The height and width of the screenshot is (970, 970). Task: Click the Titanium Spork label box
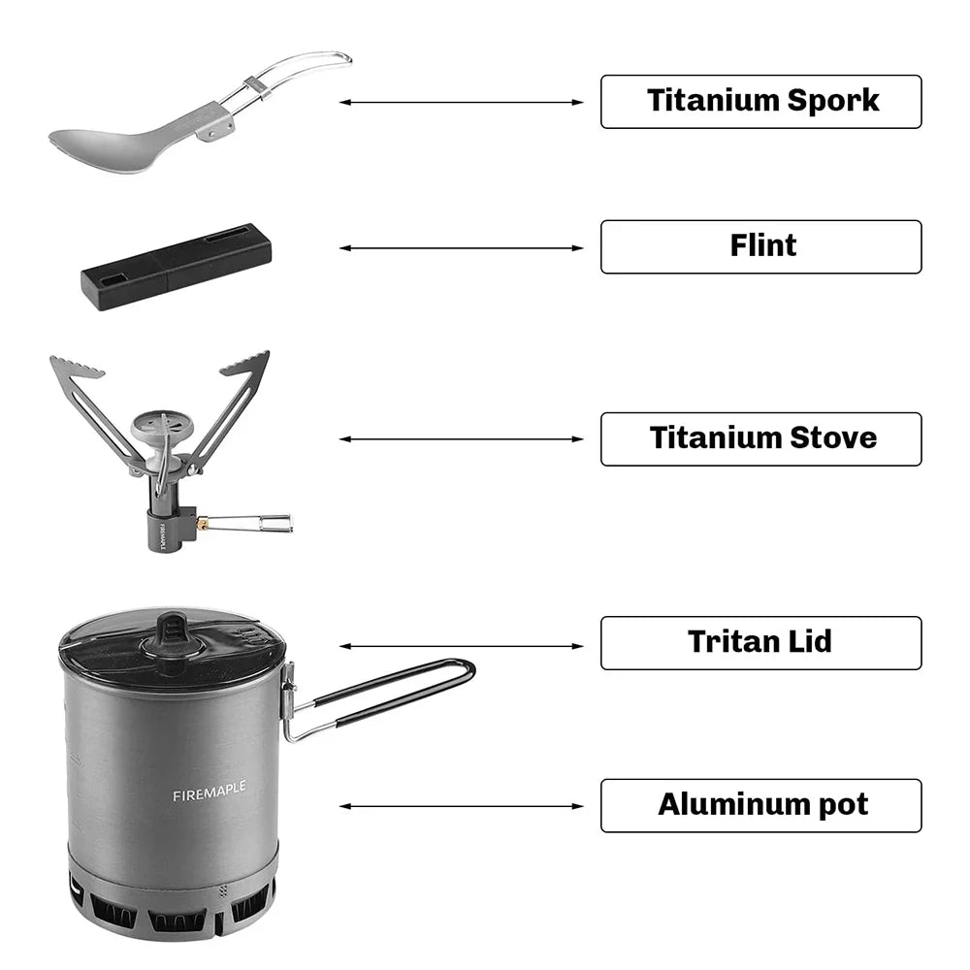[760, 101]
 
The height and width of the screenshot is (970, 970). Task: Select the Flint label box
[760, 246]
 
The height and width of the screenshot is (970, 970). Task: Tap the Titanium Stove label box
[760, 438]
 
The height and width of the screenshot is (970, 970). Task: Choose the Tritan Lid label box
[760, 642]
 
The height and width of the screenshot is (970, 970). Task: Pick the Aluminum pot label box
[760, 805]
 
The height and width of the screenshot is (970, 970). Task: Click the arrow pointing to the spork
[462, 102]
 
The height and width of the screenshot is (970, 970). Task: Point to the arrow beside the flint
[462, 248]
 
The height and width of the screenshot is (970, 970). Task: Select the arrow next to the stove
[462, 439]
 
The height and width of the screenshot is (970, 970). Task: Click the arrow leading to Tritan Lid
[462, 645]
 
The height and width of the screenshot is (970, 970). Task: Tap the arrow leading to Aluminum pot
[462, 806]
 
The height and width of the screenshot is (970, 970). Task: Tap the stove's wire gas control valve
[257, 524]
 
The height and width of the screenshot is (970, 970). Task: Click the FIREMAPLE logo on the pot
[209, 794]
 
